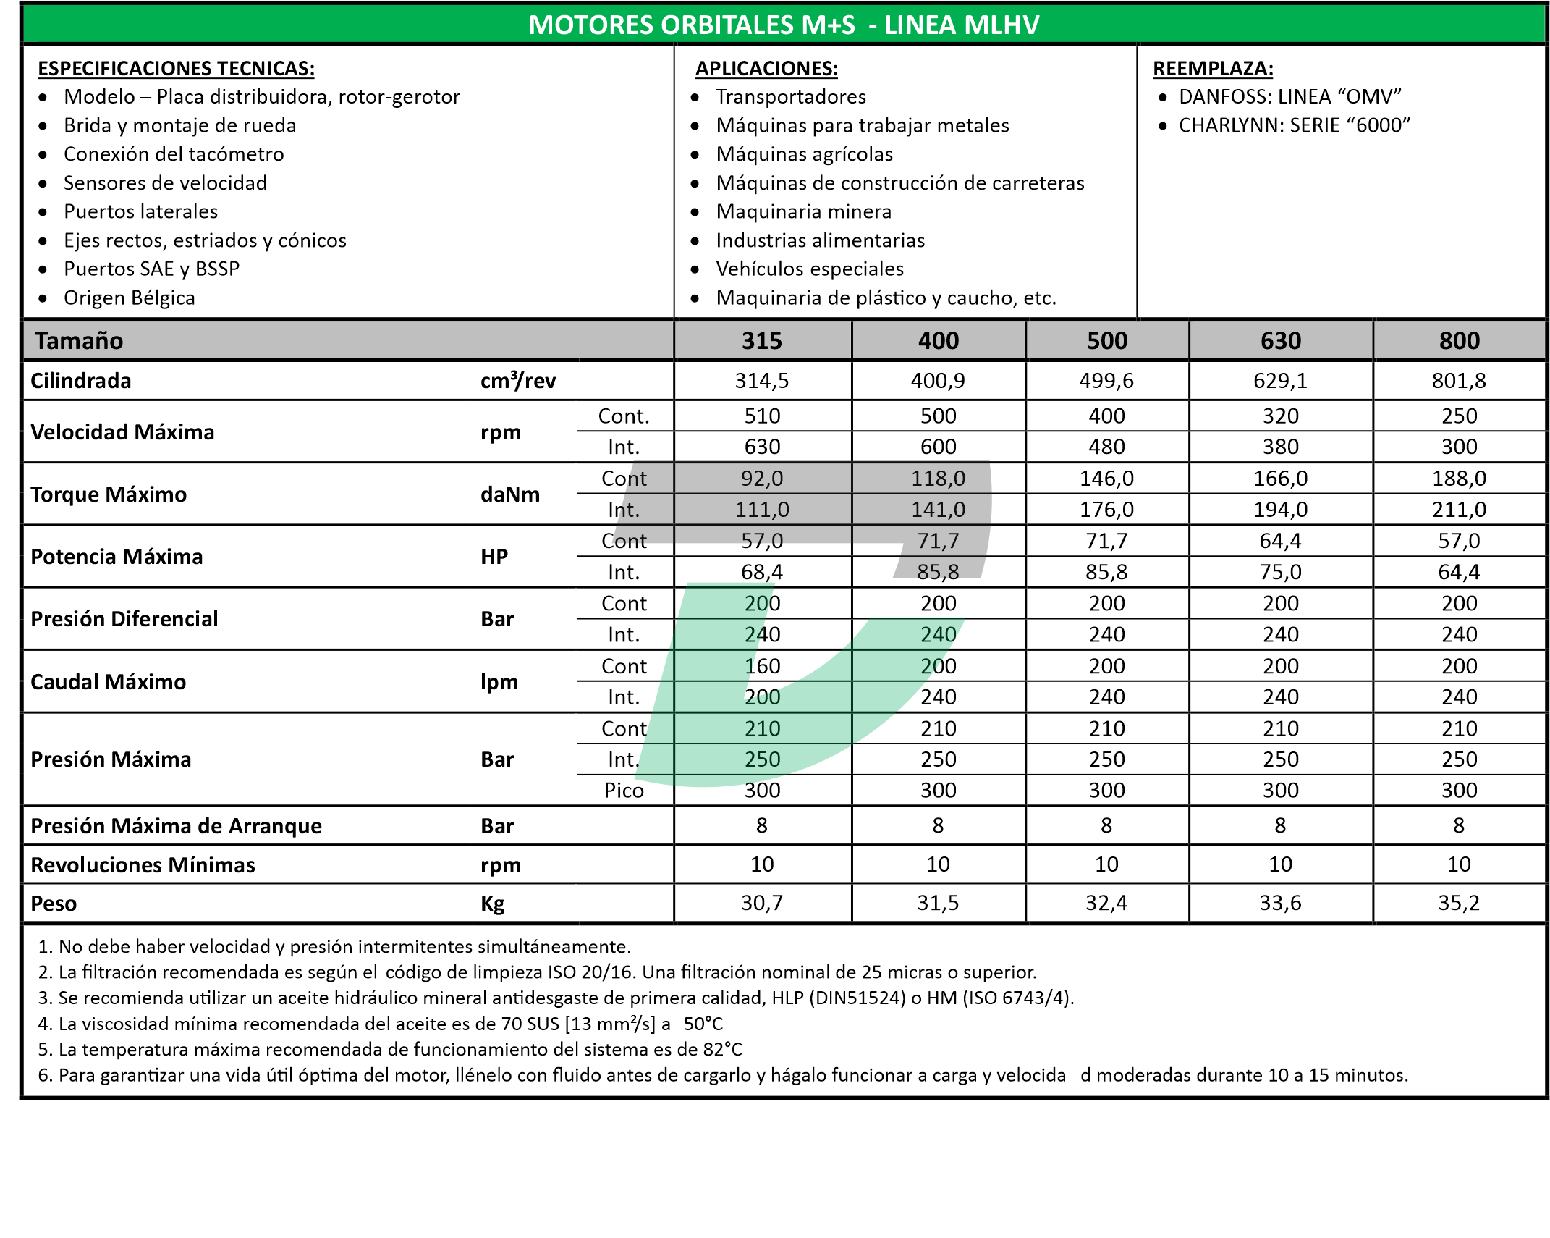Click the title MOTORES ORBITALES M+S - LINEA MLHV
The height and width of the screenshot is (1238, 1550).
tap(784, 25)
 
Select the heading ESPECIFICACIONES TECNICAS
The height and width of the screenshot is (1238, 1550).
tap(176, 69)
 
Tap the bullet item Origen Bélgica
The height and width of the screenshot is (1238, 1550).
tap(129, 298)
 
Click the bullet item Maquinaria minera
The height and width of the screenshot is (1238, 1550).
tap(803, 212)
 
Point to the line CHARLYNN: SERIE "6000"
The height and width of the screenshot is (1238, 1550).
tap(1294, 126)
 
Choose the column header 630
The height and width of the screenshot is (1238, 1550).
tap(1280, 341)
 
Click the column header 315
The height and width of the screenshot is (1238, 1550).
tap(761, 341)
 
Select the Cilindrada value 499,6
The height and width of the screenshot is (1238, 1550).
tap(1106, 381)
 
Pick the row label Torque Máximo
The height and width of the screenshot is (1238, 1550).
tap(109, 494)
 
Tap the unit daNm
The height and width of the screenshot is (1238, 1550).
tap(509, 494)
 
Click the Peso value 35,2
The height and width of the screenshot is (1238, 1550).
tap(1458, 903)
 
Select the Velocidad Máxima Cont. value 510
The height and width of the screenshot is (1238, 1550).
tap(762, 416)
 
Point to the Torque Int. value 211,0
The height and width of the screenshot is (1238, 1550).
tap(1458, 510)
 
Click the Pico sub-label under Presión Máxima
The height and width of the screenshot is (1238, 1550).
tap(624, 791)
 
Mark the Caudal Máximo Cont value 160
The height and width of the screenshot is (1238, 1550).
tap(762, 666)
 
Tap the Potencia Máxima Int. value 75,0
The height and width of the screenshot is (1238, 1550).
tap(1280, 572)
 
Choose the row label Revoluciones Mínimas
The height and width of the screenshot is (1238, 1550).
tap(143, 865)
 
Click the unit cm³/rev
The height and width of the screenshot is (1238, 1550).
tap(517, 381)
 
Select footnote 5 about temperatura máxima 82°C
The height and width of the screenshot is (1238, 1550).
tap(390, 1050)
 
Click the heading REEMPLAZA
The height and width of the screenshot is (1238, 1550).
tap(1212, 69)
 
